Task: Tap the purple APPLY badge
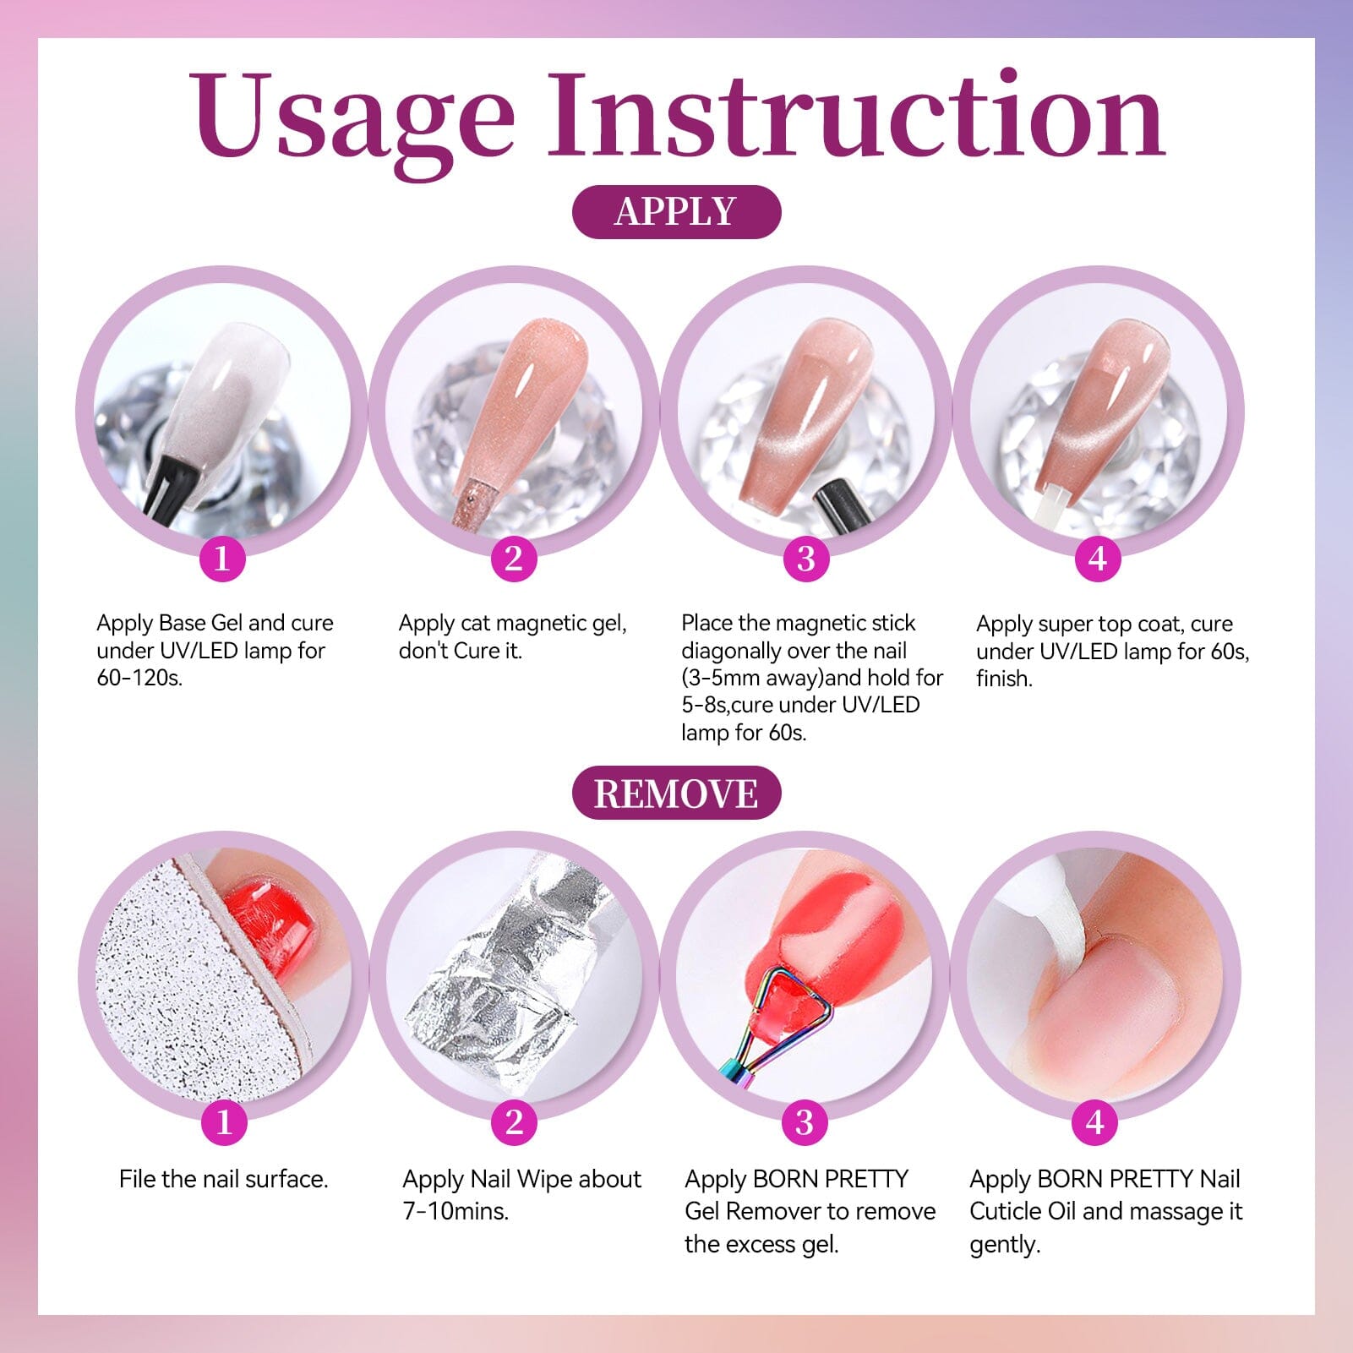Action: (x=676, y=211)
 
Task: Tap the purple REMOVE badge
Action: (x=676, y=794)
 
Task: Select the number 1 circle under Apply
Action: (x=222, y=558)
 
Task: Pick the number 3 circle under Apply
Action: (x=805, y=558)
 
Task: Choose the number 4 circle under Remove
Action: (x=1095, y=1122)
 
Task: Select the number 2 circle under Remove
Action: (x=514, y=1122)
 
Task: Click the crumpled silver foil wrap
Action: (x=507, y=972)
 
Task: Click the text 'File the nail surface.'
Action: (x=223, y=1179)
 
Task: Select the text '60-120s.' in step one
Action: (x=139, y=678)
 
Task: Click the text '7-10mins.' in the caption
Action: (x=456, y=1211)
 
